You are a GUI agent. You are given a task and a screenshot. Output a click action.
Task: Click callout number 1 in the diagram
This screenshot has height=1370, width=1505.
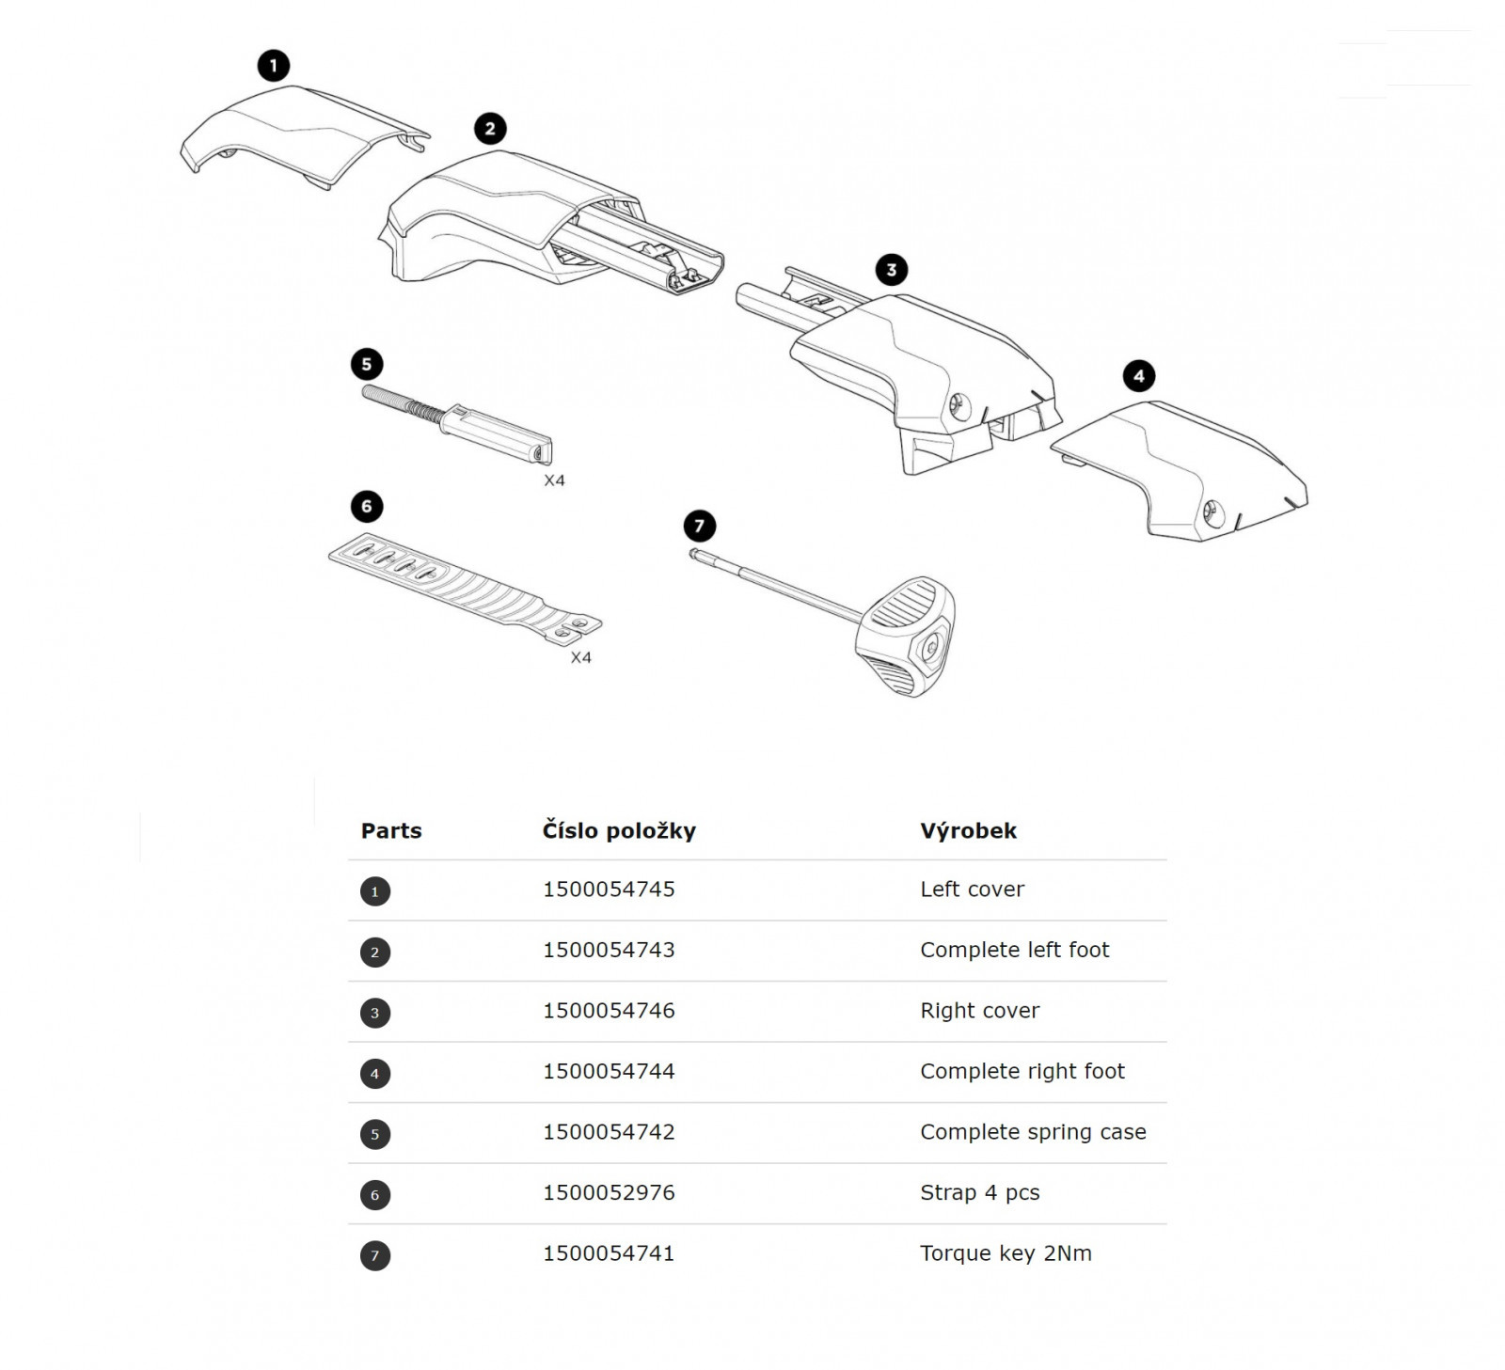274,66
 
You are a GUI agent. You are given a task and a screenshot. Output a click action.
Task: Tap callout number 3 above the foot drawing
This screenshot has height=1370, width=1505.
892,270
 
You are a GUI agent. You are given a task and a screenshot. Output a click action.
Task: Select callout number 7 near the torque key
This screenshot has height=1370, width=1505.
699,527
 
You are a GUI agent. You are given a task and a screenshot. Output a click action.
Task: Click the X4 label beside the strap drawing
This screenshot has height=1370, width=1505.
581,658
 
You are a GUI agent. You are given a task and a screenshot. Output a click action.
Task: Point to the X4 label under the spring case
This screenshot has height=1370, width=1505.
555,480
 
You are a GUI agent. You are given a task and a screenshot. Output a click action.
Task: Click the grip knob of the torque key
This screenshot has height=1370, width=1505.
905,637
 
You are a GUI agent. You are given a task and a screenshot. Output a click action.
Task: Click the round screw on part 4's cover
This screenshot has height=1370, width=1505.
1212,513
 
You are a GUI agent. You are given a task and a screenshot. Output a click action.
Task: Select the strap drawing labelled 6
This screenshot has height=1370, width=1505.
465,589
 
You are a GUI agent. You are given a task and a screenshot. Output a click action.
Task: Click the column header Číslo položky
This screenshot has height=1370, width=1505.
619,831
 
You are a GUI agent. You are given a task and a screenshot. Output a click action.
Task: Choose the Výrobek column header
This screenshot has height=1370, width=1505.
968,831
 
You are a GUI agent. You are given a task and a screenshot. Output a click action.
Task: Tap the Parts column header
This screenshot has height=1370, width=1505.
391,831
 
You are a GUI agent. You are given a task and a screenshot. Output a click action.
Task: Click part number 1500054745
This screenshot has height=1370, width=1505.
609,890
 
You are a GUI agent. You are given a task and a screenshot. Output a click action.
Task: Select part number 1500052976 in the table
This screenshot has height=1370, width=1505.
609,1193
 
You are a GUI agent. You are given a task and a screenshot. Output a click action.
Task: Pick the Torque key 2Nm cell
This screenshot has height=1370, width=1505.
1006,1254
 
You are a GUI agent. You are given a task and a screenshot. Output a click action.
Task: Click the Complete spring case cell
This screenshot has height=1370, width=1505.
1033,1133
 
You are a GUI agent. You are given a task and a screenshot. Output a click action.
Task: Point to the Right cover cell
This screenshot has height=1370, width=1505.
979,1012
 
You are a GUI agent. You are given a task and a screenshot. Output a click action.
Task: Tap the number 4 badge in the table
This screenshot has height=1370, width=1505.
375,1074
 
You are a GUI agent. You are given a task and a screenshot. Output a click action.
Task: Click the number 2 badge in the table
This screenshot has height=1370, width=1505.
375,953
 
